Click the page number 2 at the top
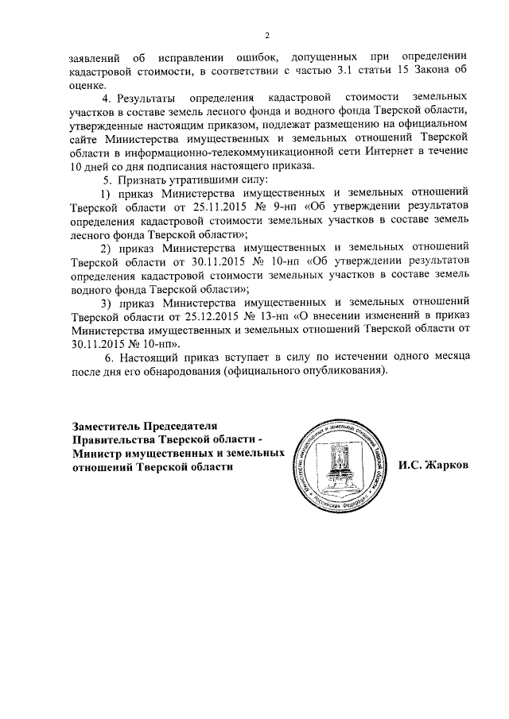click(x=268, y=35)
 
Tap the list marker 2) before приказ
click(x=105, y=248)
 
